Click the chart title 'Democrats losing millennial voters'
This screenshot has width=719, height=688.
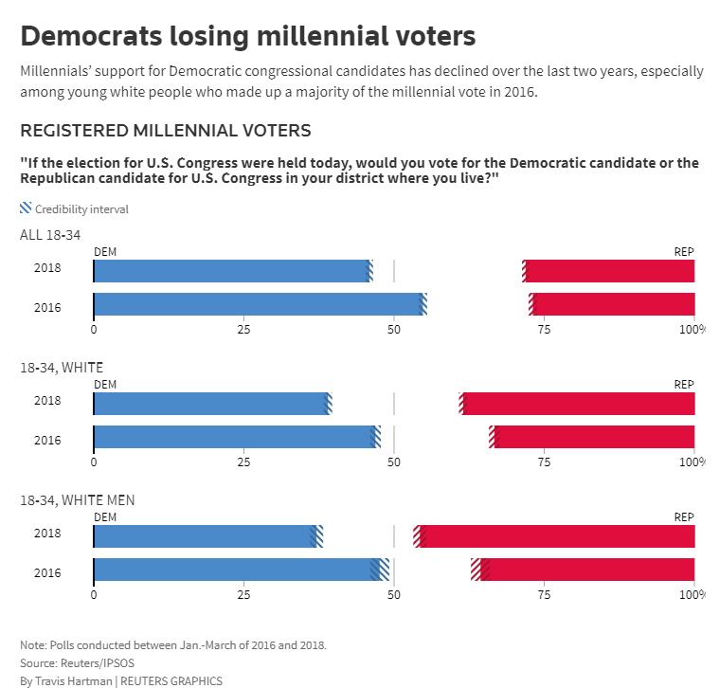tap(247, 36)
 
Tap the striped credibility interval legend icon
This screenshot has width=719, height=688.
tap(26, 208)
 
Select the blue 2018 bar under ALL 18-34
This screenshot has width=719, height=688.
tap(232, 270)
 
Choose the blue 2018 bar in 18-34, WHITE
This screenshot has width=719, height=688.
tap(211, 403)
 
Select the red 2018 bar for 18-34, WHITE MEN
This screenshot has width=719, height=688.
tap(559, 535)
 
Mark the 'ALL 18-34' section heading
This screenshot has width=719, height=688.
tap(51, 234)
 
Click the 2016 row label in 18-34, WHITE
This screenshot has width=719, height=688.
tap(47, 440)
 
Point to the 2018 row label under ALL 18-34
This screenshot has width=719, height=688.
tap(47, 268)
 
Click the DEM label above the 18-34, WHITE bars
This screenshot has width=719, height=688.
tap(105, 384)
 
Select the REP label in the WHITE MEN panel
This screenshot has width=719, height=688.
tap(684, 516)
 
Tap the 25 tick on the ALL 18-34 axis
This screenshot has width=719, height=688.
tap(243, 330)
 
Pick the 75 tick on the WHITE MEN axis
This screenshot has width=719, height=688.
tap(544, 595)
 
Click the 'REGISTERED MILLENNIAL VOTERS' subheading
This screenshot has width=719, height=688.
tap(166, 130)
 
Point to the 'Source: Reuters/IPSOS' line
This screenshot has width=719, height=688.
tap(77, 662)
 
